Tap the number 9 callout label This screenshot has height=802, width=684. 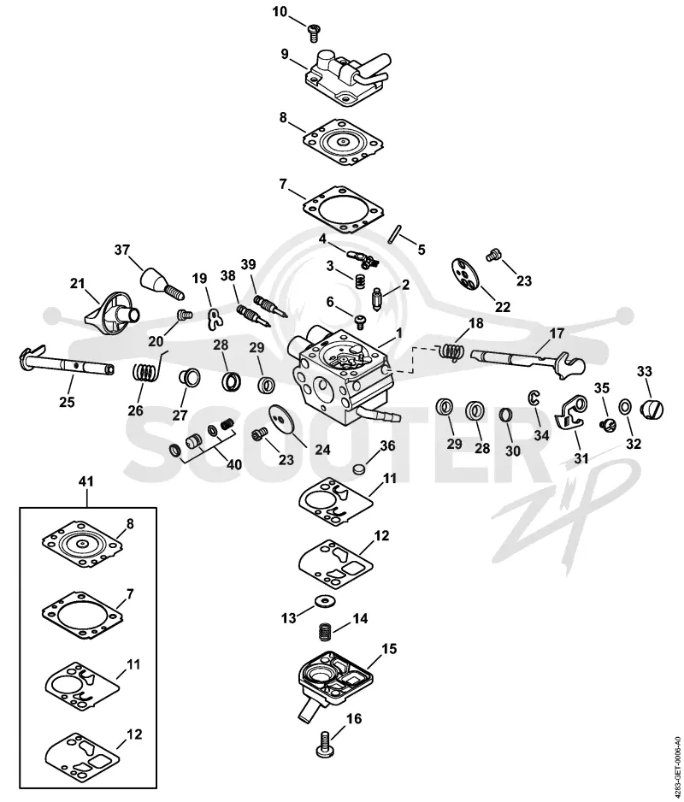point(285,54)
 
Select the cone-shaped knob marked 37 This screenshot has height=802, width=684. point(161,283)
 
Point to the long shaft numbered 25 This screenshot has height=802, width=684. point(67,361)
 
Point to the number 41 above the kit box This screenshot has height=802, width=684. point(87,481)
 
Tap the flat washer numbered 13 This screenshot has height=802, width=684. point(323,600)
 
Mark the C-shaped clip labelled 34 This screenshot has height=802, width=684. point(533,397)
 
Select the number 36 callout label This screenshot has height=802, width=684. point(387,445)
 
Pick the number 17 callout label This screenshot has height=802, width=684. point(557,333)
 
